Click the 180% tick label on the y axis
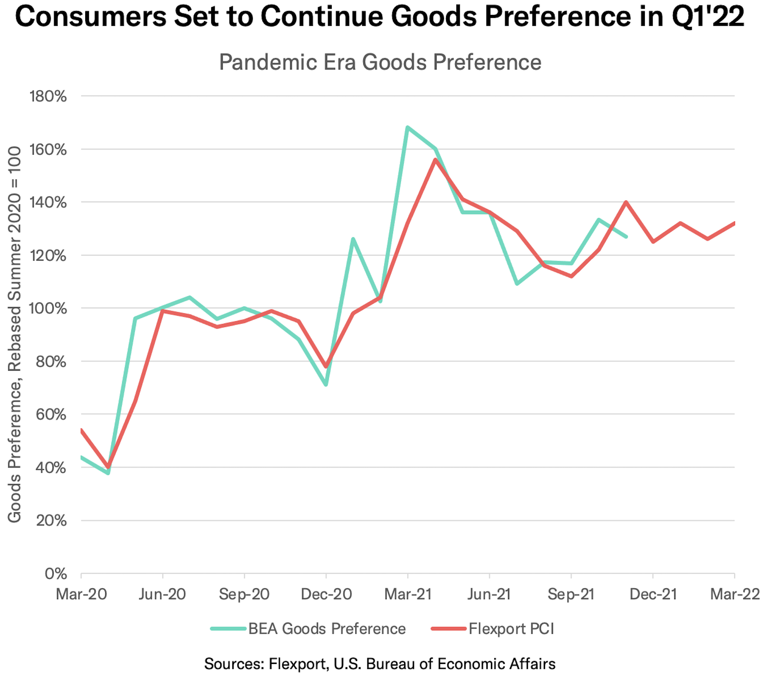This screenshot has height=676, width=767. [48, 96]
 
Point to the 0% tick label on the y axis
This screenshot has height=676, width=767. [55, 574]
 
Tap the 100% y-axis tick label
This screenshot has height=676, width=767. [48, 309]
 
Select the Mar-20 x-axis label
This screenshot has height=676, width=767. [81, 594]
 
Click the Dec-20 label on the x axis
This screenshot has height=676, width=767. [326, 594]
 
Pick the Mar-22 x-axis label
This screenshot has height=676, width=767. [735, 594]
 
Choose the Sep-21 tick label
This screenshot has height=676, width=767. [571, 594]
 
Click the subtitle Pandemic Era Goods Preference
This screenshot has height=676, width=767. [380, 62]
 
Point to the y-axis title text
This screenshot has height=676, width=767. [15, 334]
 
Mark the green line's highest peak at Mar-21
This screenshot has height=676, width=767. [408, 127]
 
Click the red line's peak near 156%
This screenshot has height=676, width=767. [435, 160]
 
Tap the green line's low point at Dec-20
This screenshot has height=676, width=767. [326, 385]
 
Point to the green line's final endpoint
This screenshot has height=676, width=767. [626, 237]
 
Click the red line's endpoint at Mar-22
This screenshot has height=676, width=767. [734, 224]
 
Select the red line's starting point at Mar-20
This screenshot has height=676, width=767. [82, 430]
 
